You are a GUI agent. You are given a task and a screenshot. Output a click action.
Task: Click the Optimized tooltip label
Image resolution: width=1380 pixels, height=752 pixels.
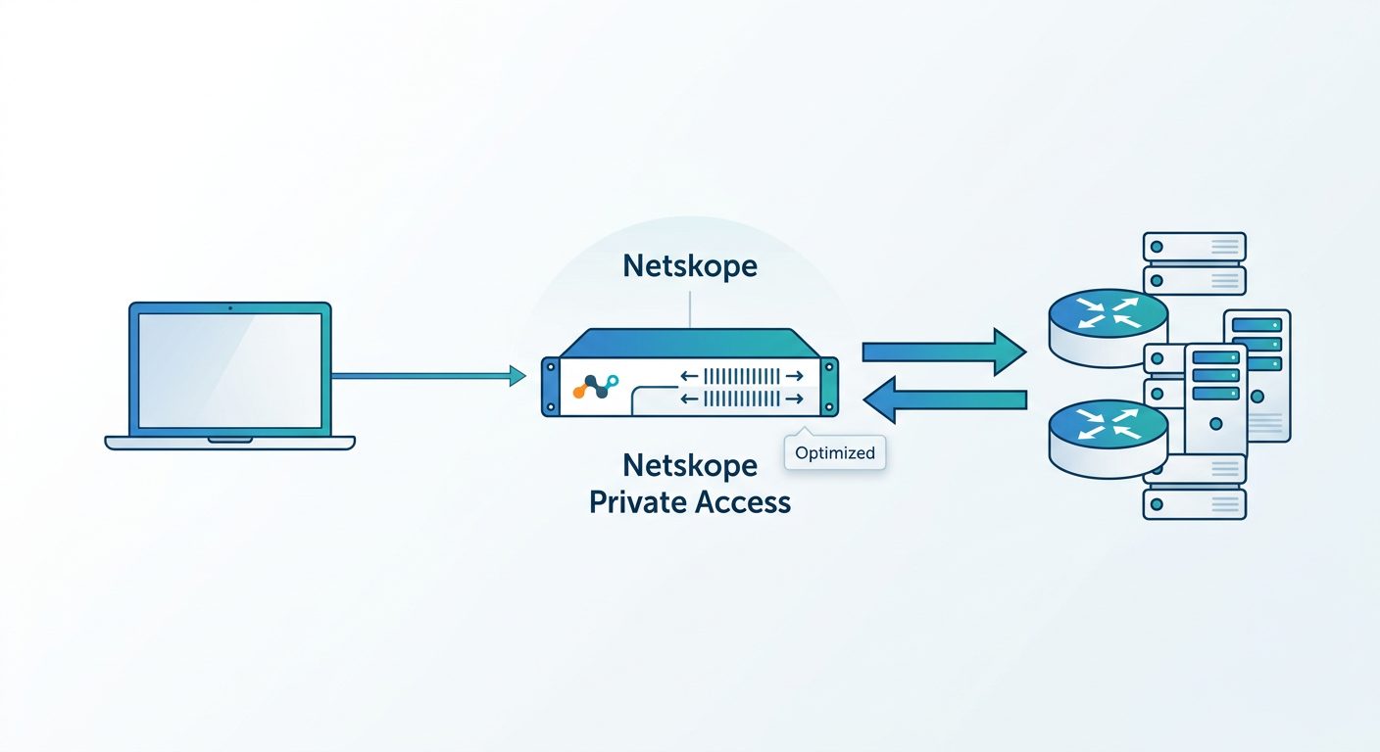[835, 453]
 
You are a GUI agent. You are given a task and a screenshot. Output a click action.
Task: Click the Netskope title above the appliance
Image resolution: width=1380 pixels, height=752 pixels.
[690, 266]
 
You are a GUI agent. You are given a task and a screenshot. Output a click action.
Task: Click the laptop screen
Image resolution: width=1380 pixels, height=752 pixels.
[230, 370]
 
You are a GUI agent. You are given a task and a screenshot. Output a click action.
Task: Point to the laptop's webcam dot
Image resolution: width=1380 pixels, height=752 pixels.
[230, 307]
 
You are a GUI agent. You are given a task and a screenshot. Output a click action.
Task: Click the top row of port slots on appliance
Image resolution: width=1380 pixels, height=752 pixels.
[741, 376]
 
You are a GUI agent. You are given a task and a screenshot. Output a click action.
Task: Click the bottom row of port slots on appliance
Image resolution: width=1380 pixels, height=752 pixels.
[741, 399]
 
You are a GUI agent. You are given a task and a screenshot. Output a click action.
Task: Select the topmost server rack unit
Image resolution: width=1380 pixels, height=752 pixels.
[1194, 246]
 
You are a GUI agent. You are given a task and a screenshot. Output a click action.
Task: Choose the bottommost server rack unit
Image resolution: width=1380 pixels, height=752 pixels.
[1194, 503]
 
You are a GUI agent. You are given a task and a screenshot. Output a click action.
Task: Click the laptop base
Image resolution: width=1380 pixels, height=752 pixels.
[230, 443]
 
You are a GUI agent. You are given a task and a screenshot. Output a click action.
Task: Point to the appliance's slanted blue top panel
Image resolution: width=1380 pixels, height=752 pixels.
[691, 344]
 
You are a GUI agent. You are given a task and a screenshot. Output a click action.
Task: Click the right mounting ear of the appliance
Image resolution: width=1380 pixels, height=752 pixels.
[832, 388]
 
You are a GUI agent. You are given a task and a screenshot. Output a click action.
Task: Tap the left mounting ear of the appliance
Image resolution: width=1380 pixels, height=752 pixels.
[549, 388]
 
